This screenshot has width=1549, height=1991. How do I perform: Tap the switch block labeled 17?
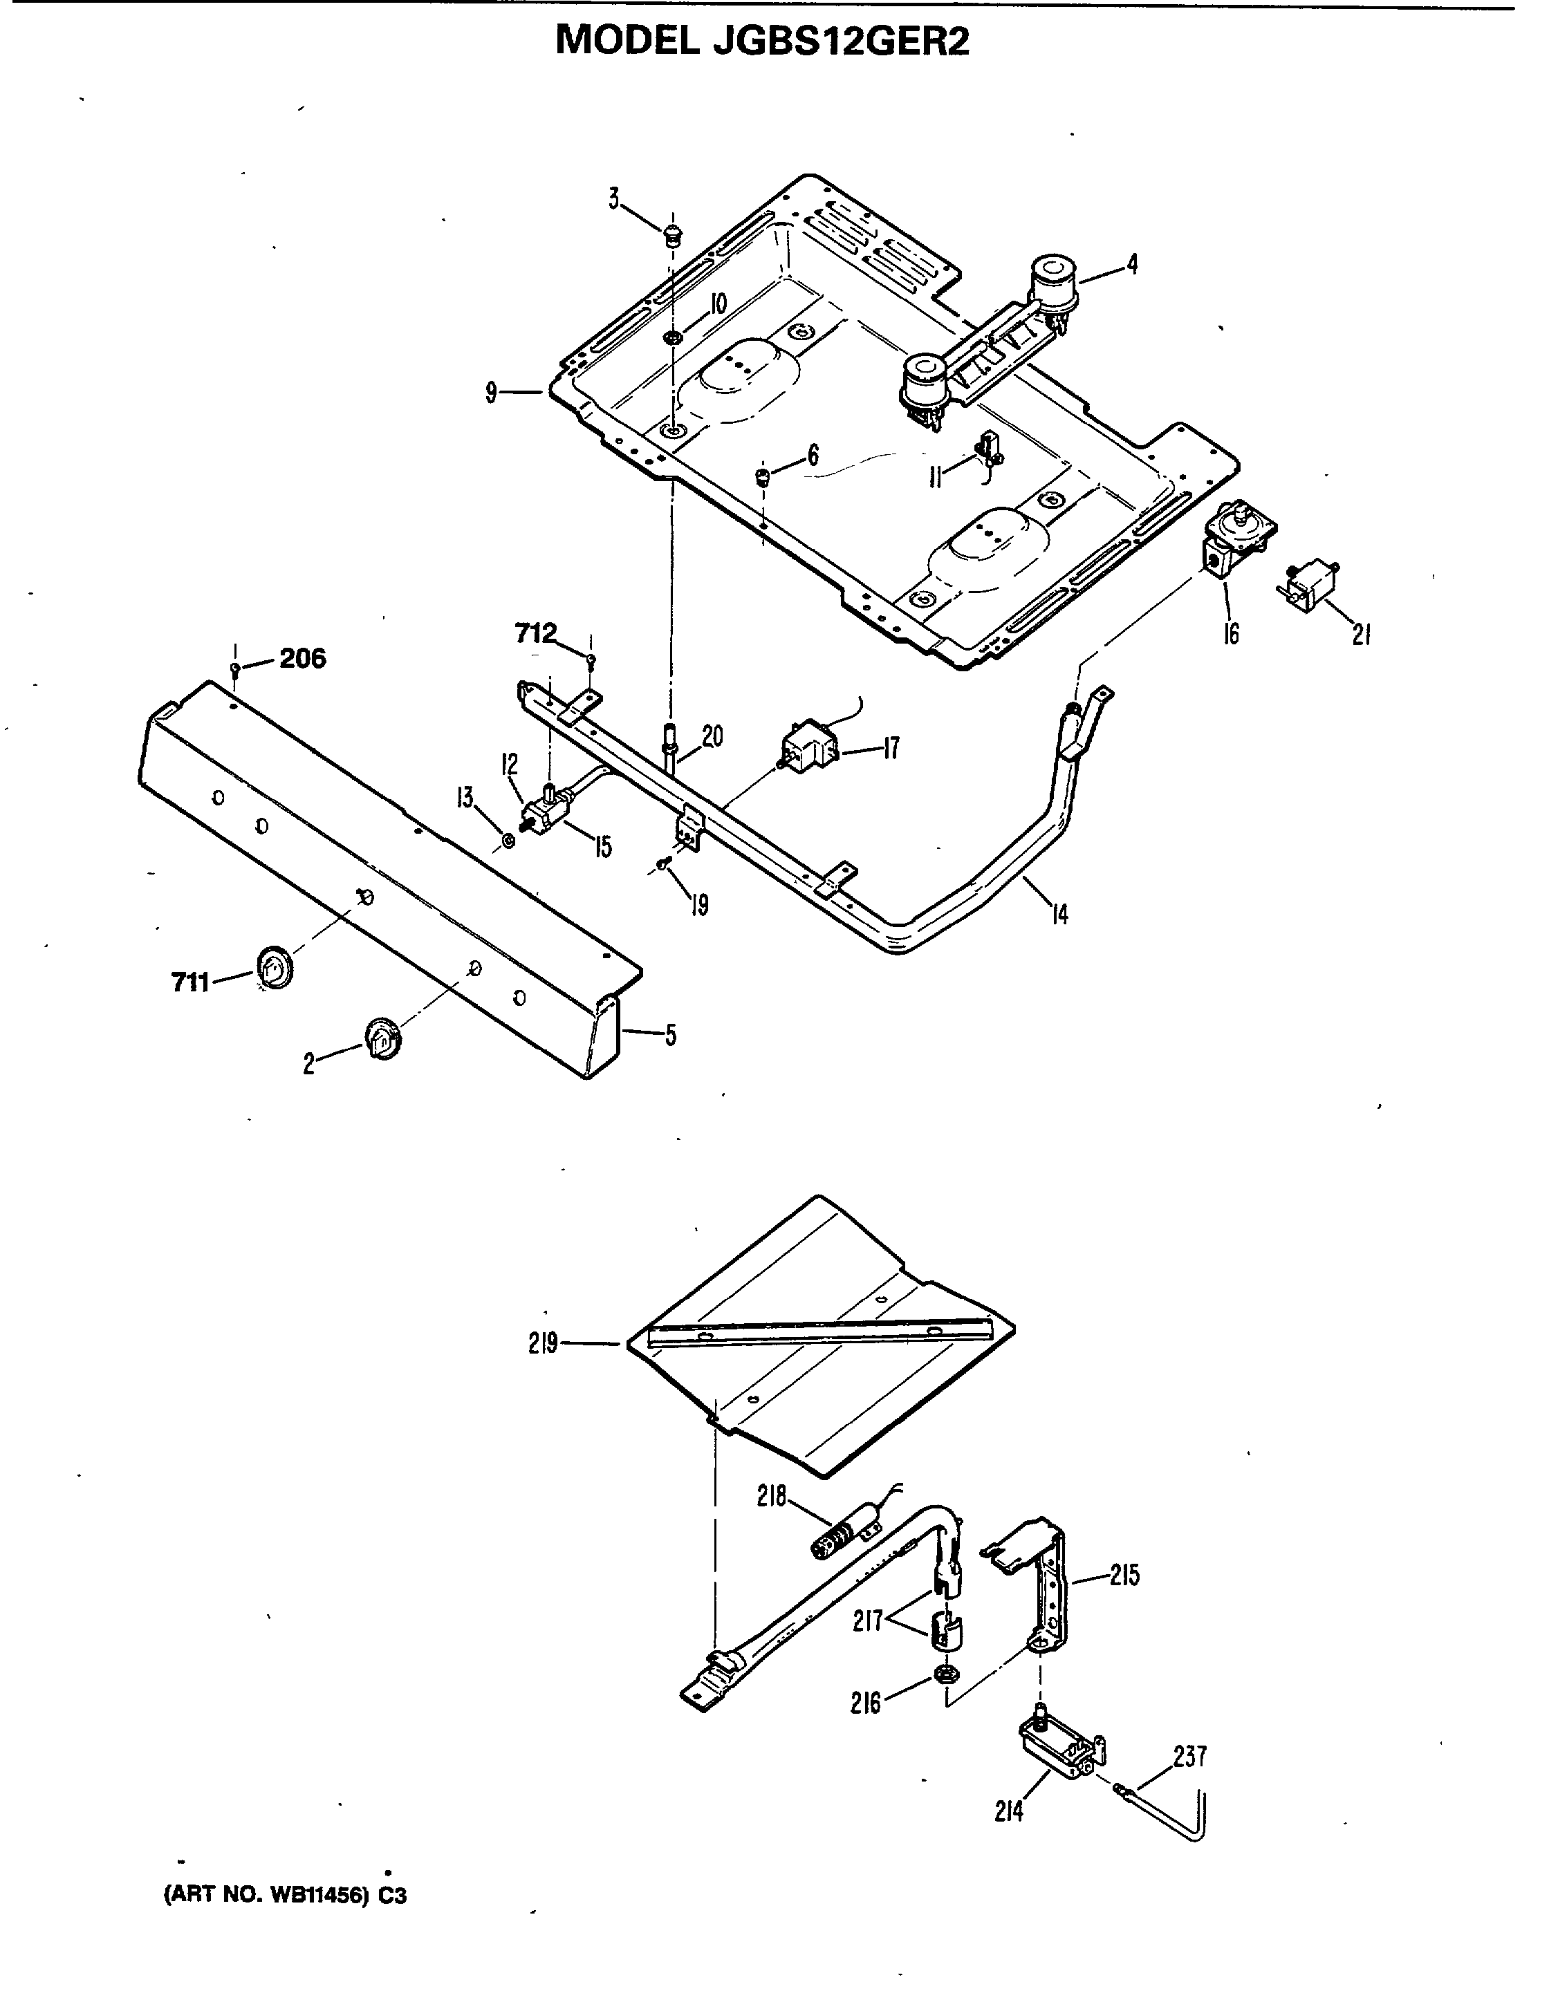coord(810,744)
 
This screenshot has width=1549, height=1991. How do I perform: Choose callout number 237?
coord(1191,1756)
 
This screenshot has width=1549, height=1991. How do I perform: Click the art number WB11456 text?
coord(284,1896)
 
